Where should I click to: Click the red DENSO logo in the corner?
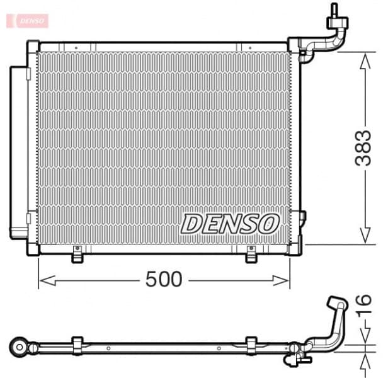pyautogui.click(x=26, y=20)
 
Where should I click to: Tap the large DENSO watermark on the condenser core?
pyautogui.click(x=231, y=223)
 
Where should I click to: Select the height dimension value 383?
pyautogui.click(x=363, y=149)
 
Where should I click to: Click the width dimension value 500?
pyautogui.click(x=164, y=279)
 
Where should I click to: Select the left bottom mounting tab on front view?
pyautogui.click(x=77, y=255)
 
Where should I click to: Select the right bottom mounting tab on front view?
pyautogui.click(x=251, y=255)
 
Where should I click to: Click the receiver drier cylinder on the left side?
pyautogui.click(x=18, y=149)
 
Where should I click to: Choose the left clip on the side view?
pyautogui.click(x=77, y=345)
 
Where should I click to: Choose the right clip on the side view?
pyautogui.click(x=251, y=345)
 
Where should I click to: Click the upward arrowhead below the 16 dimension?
pyautogui.click(x=364, y=359)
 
